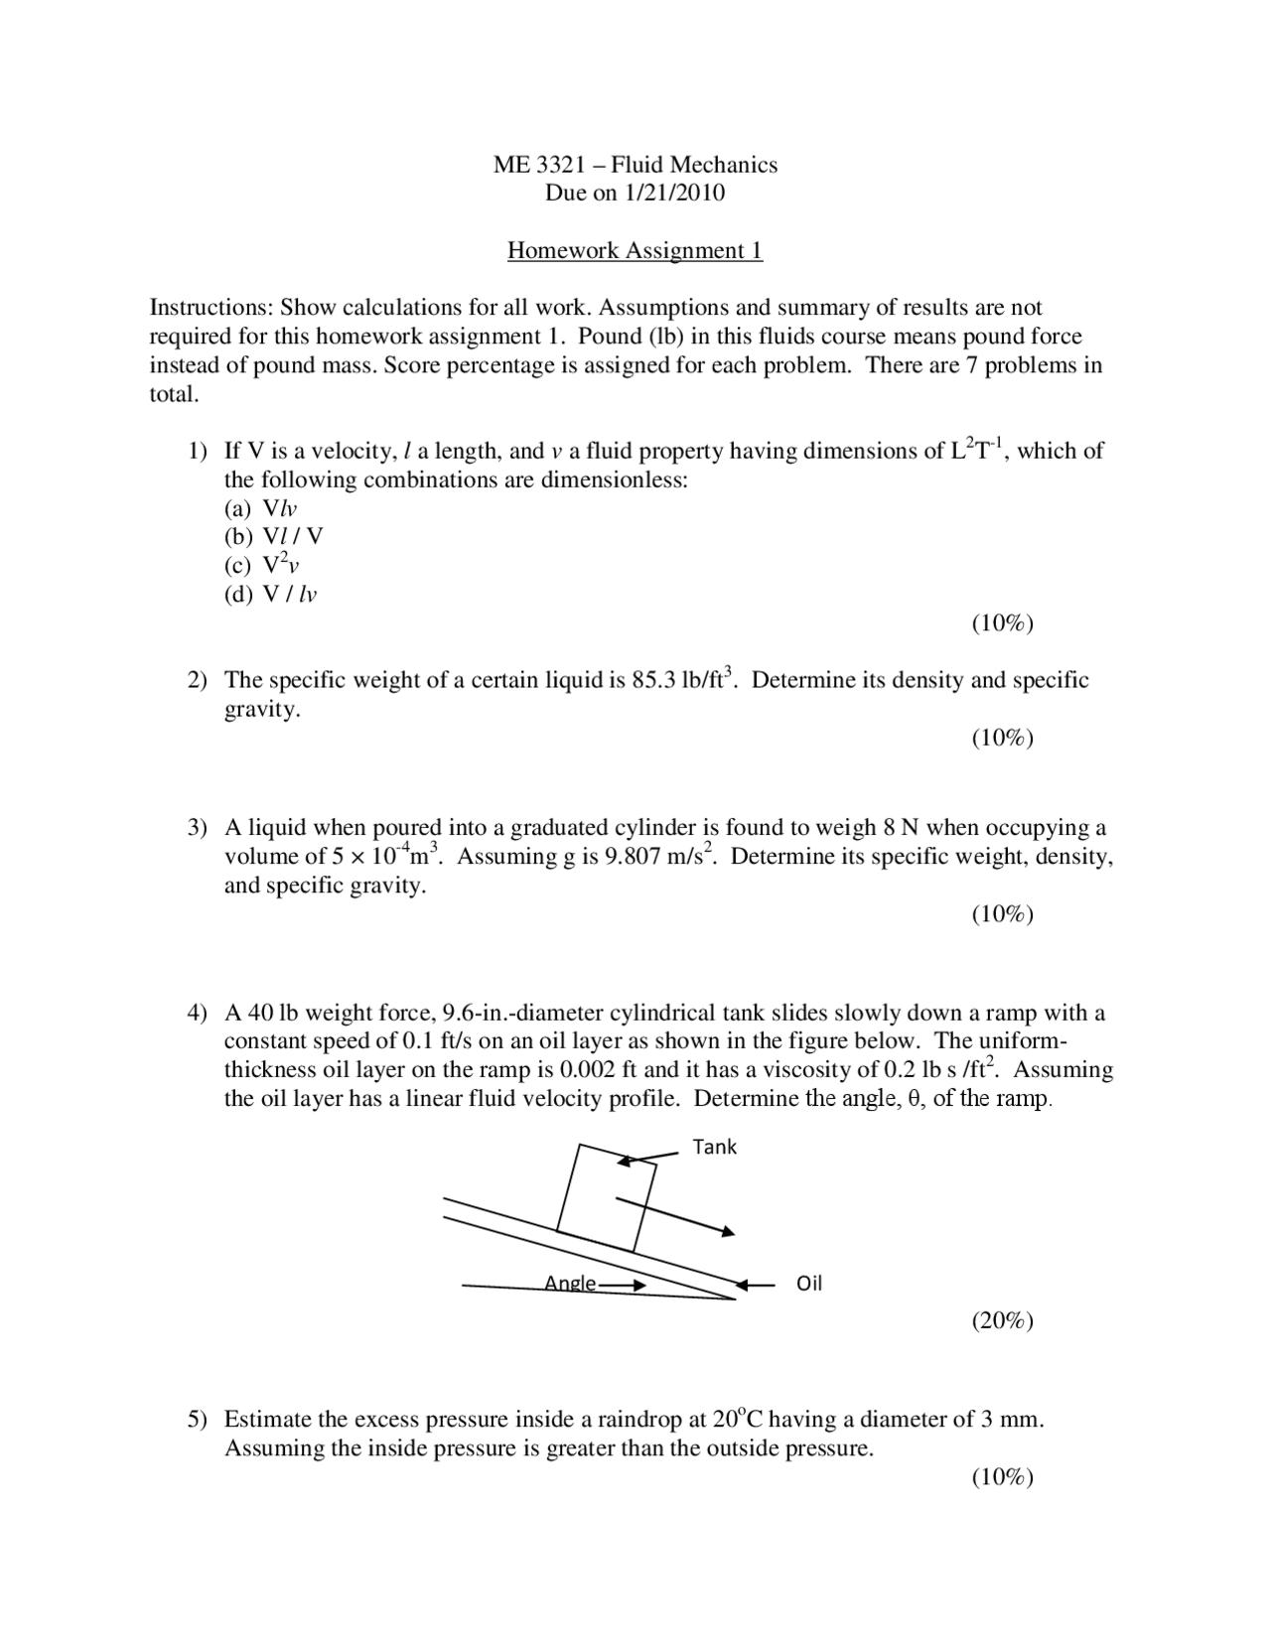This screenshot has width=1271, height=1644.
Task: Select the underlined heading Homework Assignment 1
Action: point(635,250)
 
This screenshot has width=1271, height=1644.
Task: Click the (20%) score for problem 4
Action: point(1002,1320)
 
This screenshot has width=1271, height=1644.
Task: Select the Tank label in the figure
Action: point(714,1147)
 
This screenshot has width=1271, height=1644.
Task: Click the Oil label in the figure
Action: point(809,1284)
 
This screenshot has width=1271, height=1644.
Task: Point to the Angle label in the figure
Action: point(570,1284)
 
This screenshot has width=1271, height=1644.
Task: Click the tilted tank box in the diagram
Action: point(606,1196)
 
